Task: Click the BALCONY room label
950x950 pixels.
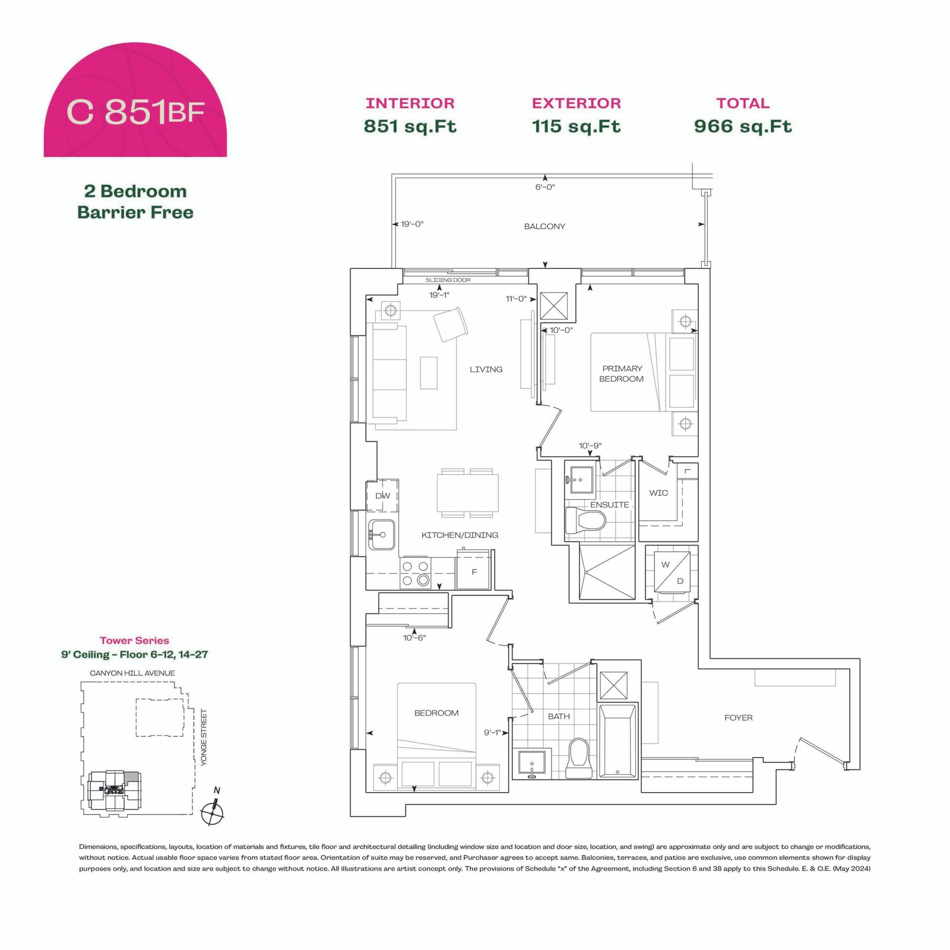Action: coord(544,226)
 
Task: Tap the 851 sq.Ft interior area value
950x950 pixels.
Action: coord(410,126)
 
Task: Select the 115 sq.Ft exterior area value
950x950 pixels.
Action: coord(576,126)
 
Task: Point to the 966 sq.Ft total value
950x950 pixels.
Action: coord(743,126)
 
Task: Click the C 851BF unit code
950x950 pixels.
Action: coord(136,111)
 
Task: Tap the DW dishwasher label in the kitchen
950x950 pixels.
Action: coord(382,496)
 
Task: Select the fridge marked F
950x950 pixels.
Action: coord(473,571)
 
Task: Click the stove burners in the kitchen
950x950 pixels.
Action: coord(416,574)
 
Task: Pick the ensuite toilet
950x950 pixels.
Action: coord(585,521)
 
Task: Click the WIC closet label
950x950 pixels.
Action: coord(658,493)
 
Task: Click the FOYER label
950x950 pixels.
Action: coord(739,718)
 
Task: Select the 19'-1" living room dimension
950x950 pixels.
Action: coord(439,295)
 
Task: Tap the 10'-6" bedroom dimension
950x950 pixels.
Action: coord(414,638)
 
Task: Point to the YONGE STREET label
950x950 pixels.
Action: coord(204,738)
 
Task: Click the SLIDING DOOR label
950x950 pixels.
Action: coord(448,280)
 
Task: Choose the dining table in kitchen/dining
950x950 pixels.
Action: coord(468,493)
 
